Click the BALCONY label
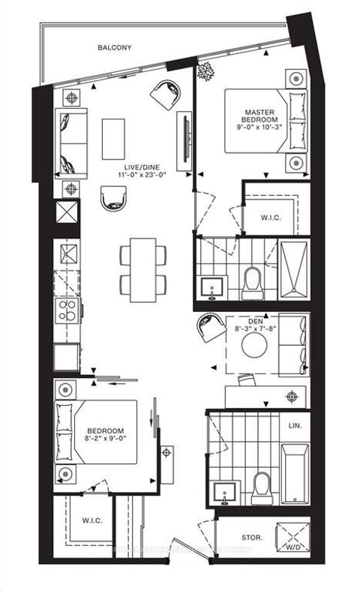[114, 47]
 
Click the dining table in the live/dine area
[142, 269]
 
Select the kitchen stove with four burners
[67, 310]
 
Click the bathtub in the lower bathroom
[295, 474]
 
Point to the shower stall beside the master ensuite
[293, 271]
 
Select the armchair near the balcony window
[165, 94]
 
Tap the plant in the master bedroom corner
[204, 72]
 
